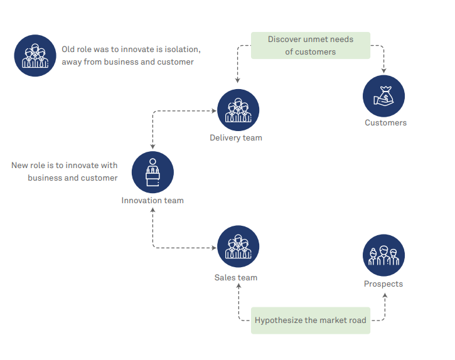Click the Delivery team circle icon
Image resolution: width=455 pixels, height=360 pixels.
tap(238, 110)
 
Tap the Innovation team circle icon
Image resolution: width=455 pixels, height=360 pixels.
tap(153, 172)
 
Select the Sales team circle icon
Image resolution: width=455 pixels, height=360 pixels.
tap(238, 246)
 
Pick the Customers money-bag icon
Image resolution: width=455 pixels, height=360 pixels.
tap(383, 96)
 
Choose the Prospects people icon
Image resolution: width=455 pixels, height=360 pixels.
tap(383, 255)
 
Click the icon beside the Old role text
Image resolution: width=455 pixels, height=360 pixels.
tap(35, 55)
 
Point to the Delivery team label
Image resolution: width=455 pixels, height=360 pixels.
tap(236, 138)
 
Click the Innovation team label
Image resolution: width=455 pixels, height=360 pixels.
tap(153, 201)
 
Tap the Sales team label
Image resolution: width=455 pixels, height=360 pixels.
tap(236, 278)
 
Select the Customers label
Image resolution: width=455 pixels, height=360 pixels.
tap(385, 123)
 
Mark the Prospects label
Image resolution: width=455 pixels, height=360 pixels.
tap(383, 284)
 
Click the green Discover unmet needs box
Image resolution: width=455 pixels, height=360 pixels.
tap(311, 46)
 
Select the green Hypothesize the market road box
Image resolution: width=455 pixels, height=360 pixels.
tap(310, 320)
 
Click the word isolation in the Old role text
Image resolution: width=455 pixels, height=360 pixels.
tap(182, 49)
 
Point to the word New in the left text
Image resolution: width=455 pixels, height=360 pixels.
tap(20, 166)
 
